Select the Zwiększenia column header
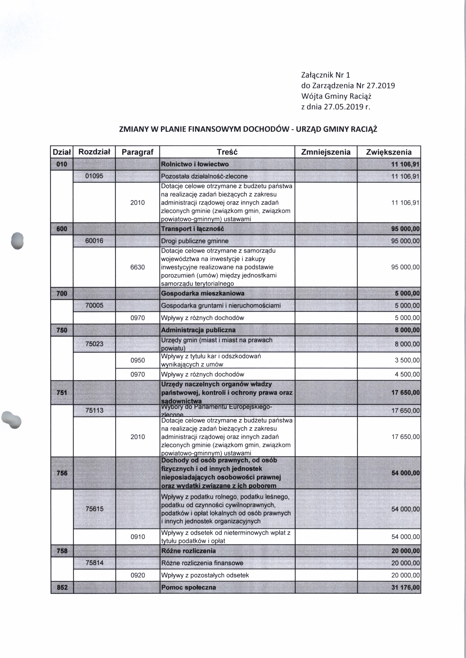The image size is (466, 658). point(389,152)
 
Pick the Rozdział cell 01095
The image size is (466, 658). point(94,176)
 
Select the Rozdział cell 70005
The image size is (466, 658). point(94,305)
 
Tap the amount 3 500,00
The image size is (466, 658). point(407,360)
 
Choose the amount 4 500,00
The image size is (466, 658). point(407,374)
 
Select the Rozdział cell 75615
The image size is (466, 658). point(94,509)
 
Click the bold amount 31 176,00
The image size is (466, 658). point(405,587)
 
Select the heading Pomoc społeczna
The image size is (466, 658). point(188,587)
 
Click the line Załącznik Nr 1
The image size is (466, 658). point(326,75)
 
